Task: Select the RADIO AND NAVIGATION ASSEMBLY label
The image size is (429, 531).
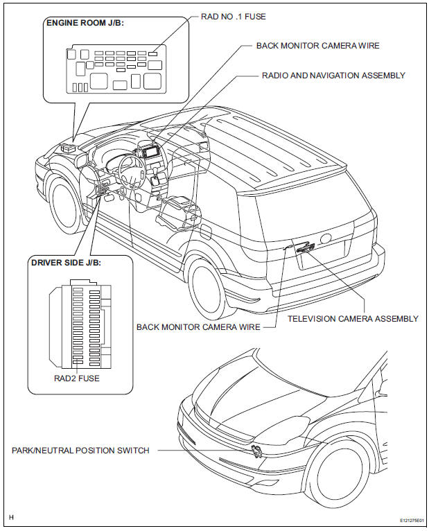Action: (x=333, y=75)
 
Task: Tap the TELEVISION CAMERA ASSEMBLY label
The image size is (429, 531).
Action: (x=353, y=319)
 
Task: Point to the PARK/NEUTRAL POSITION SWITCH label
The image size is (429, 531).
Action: (x=80, y=451)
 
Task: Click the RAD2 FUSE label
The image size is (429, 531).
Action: (x=76, y=378)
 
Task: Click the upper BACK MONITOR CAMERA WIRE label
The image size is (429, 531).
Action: (x=318, y=46)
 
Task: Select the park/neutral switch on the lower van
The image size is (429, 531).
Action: (x=256, y=453)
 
